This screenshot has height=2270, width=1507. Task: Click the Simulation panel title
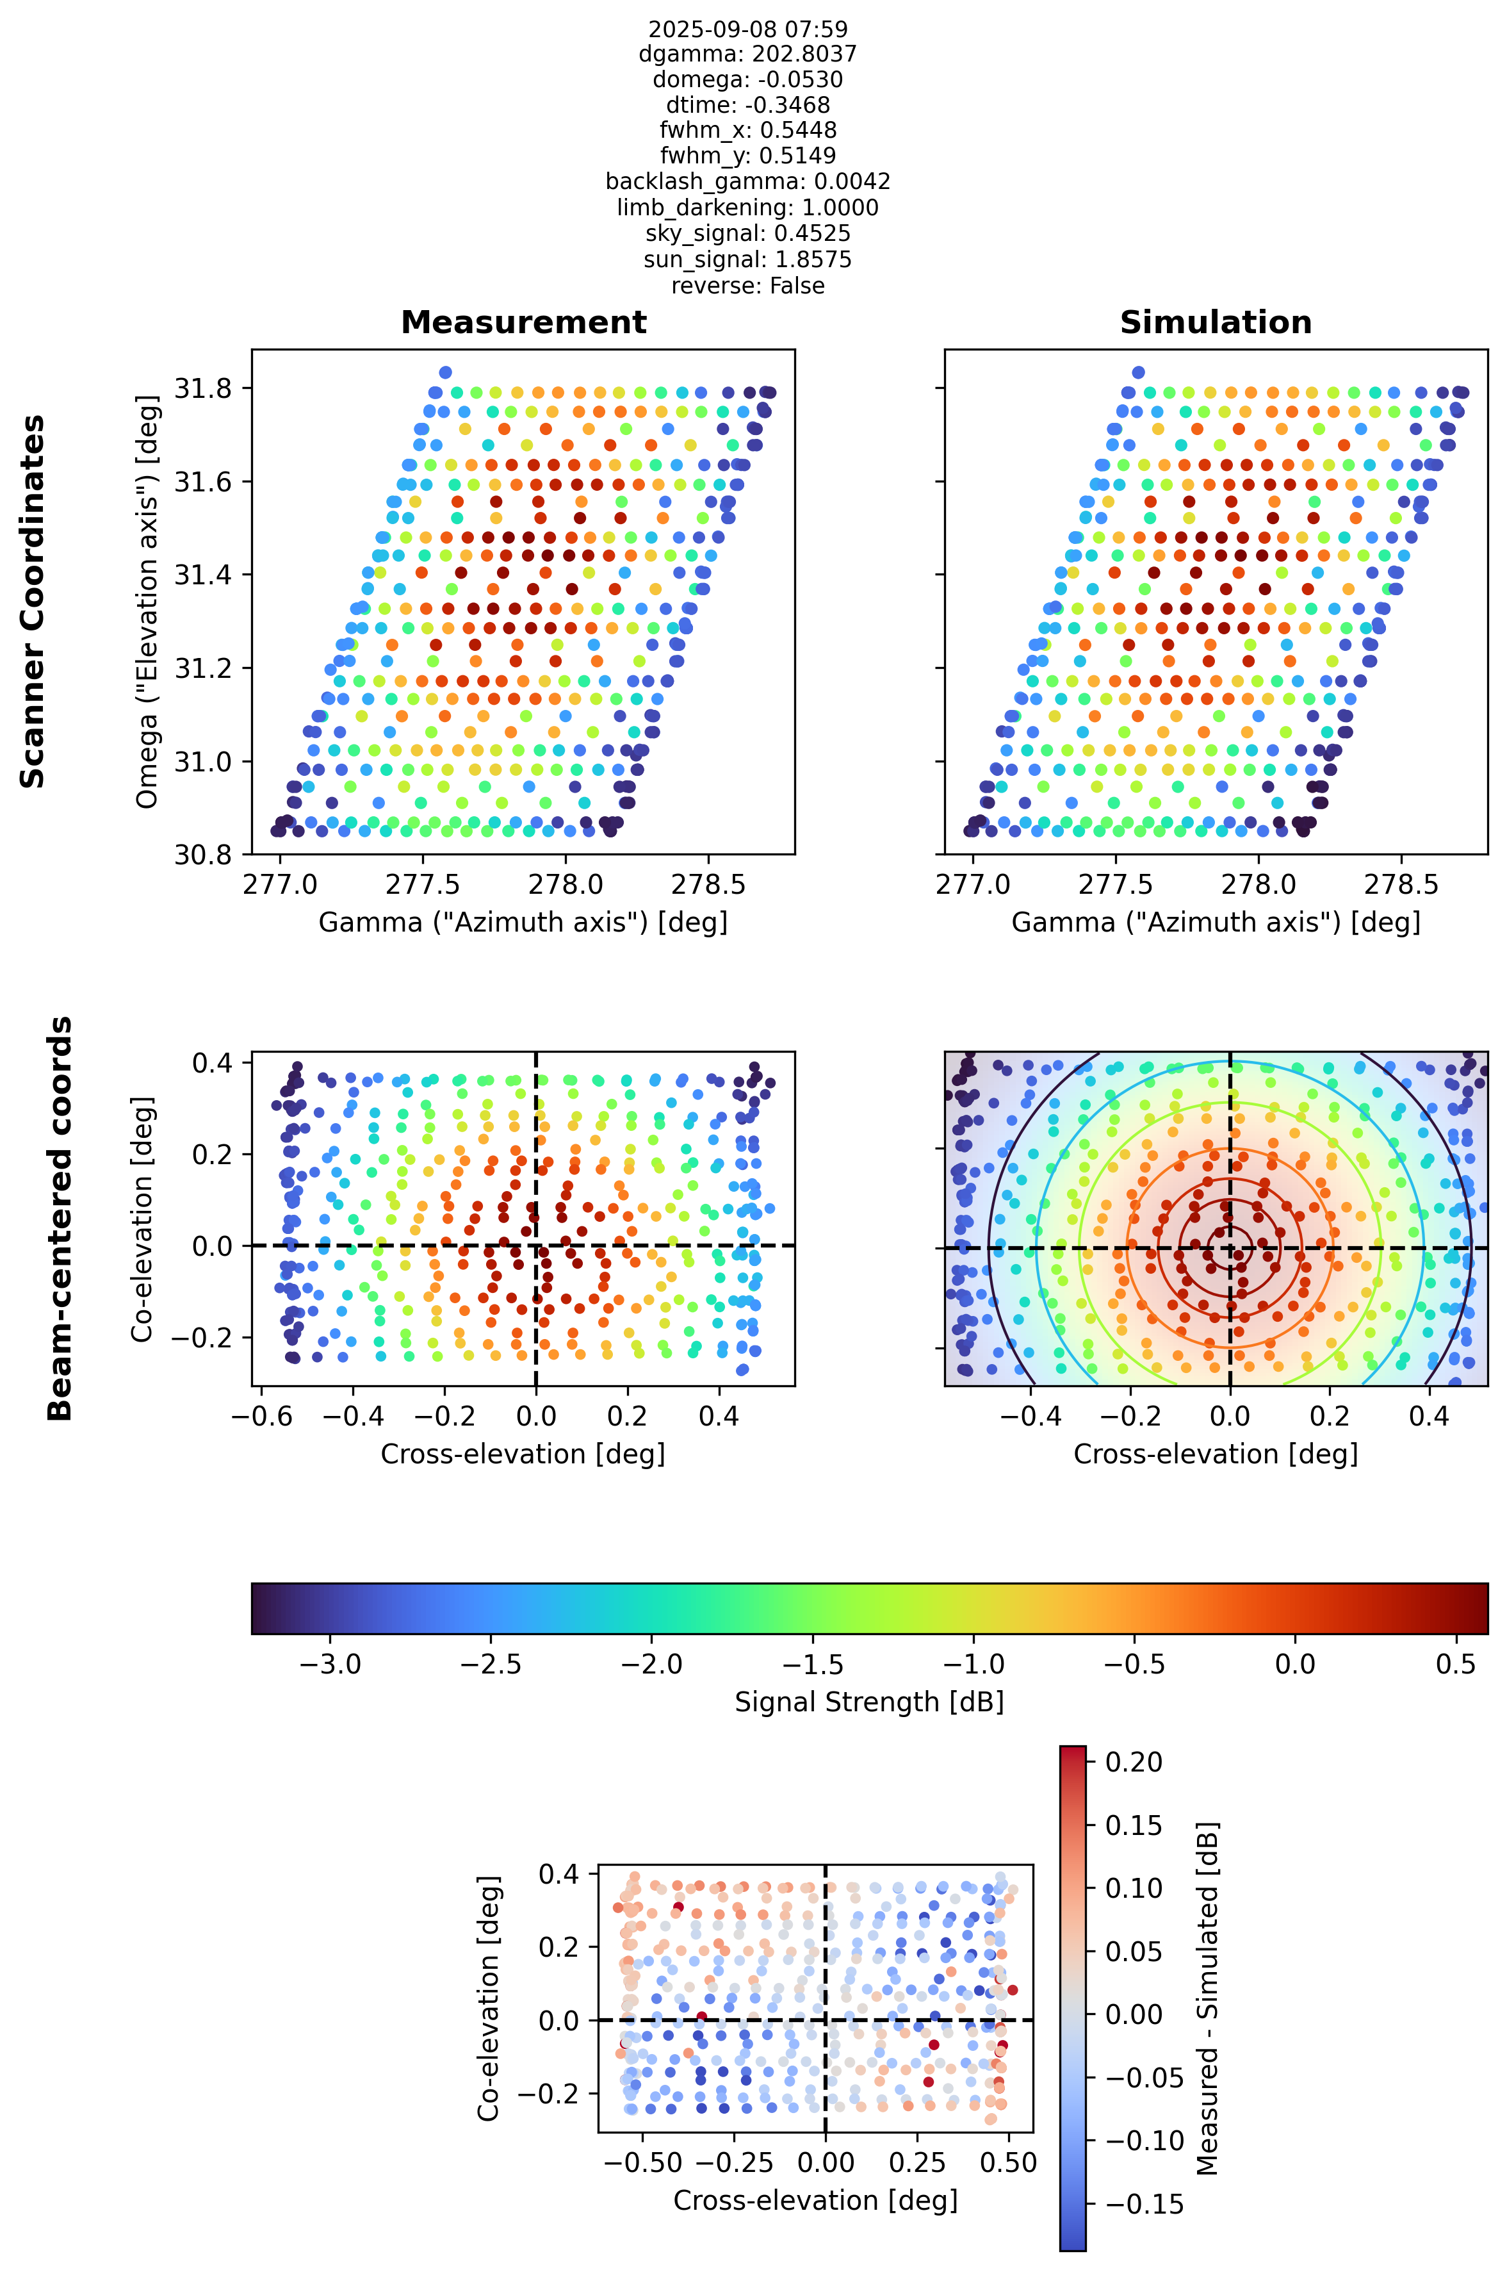tap(1216, 322)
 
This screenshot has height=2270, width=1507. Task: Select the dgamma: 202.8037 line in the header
tap(747, 54)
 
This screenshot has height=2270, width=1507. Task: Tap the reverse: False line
tap(747, 286)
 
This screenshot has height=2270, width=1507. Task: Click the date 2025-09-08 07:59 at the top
tap(747, 29)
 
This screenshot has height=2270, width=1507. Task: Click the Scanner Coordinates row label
tap(33, 602)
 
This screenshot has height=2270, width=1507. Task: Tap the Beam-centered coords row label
tap(60, 1218)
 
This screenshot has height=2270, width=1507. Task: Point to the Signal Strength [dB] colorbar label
tap(869, 1702)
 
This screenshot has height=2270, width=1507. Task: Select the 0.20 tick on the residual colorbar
tap(1134, 1761)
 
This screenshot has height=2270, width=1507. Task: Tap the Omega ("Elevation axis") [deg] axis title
tap(147, 602)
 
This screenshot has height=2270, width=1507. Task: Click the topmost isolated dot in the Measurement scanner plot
tap(445, 372)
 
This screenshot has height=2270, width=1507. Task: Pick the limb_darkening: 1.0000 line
tap(747, 208)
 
